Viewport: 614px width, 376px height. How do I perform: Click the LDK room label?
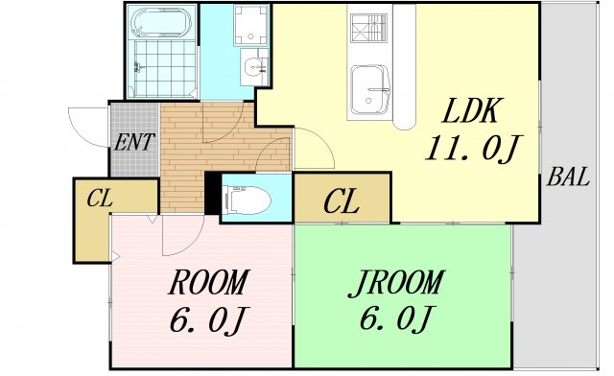(x=472, y=111)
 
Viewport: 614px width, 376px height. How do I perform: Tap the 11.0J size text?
(x=474, y=149)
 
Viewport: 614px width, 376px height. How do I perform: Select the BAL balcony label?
(x=568, y=176)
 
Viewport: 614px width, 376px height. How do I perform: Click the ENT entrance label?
(x=134, y=142)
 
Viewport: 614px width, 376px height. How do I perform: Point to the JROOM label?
(x=396, y=282)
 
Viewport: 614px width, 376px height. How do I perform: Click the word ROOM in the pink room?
(x=209, y=282)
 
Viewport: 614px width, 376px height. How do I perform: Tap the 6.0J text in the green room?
(x=396, y=318)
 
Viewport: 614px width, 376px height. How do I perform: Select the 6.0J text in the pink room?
(x=209, y=320)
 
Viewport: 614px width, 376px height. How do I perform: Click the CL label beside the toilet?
(x=342, y=200)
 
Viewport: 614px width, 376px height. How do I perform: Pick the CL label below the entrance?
(x=100, y=198)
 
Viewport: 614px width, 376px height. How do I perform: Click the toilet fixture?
(x=247, y=200)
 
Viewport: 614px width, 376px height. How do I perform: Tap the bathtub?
(x=162, y=22)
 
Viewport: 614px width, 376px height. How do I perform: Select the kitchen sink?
(x=369, y=90)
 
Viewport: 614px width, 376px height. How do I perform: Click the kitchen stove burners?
(x=368, y=28)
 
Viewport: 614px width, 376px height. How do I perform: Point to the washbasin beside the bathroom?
(x=254, y=67)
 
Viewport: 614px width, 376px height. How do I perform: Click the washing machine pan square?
(x=250, y=25)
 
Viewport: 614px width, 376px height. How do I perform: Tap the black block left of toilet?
(x=213, y=194)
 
